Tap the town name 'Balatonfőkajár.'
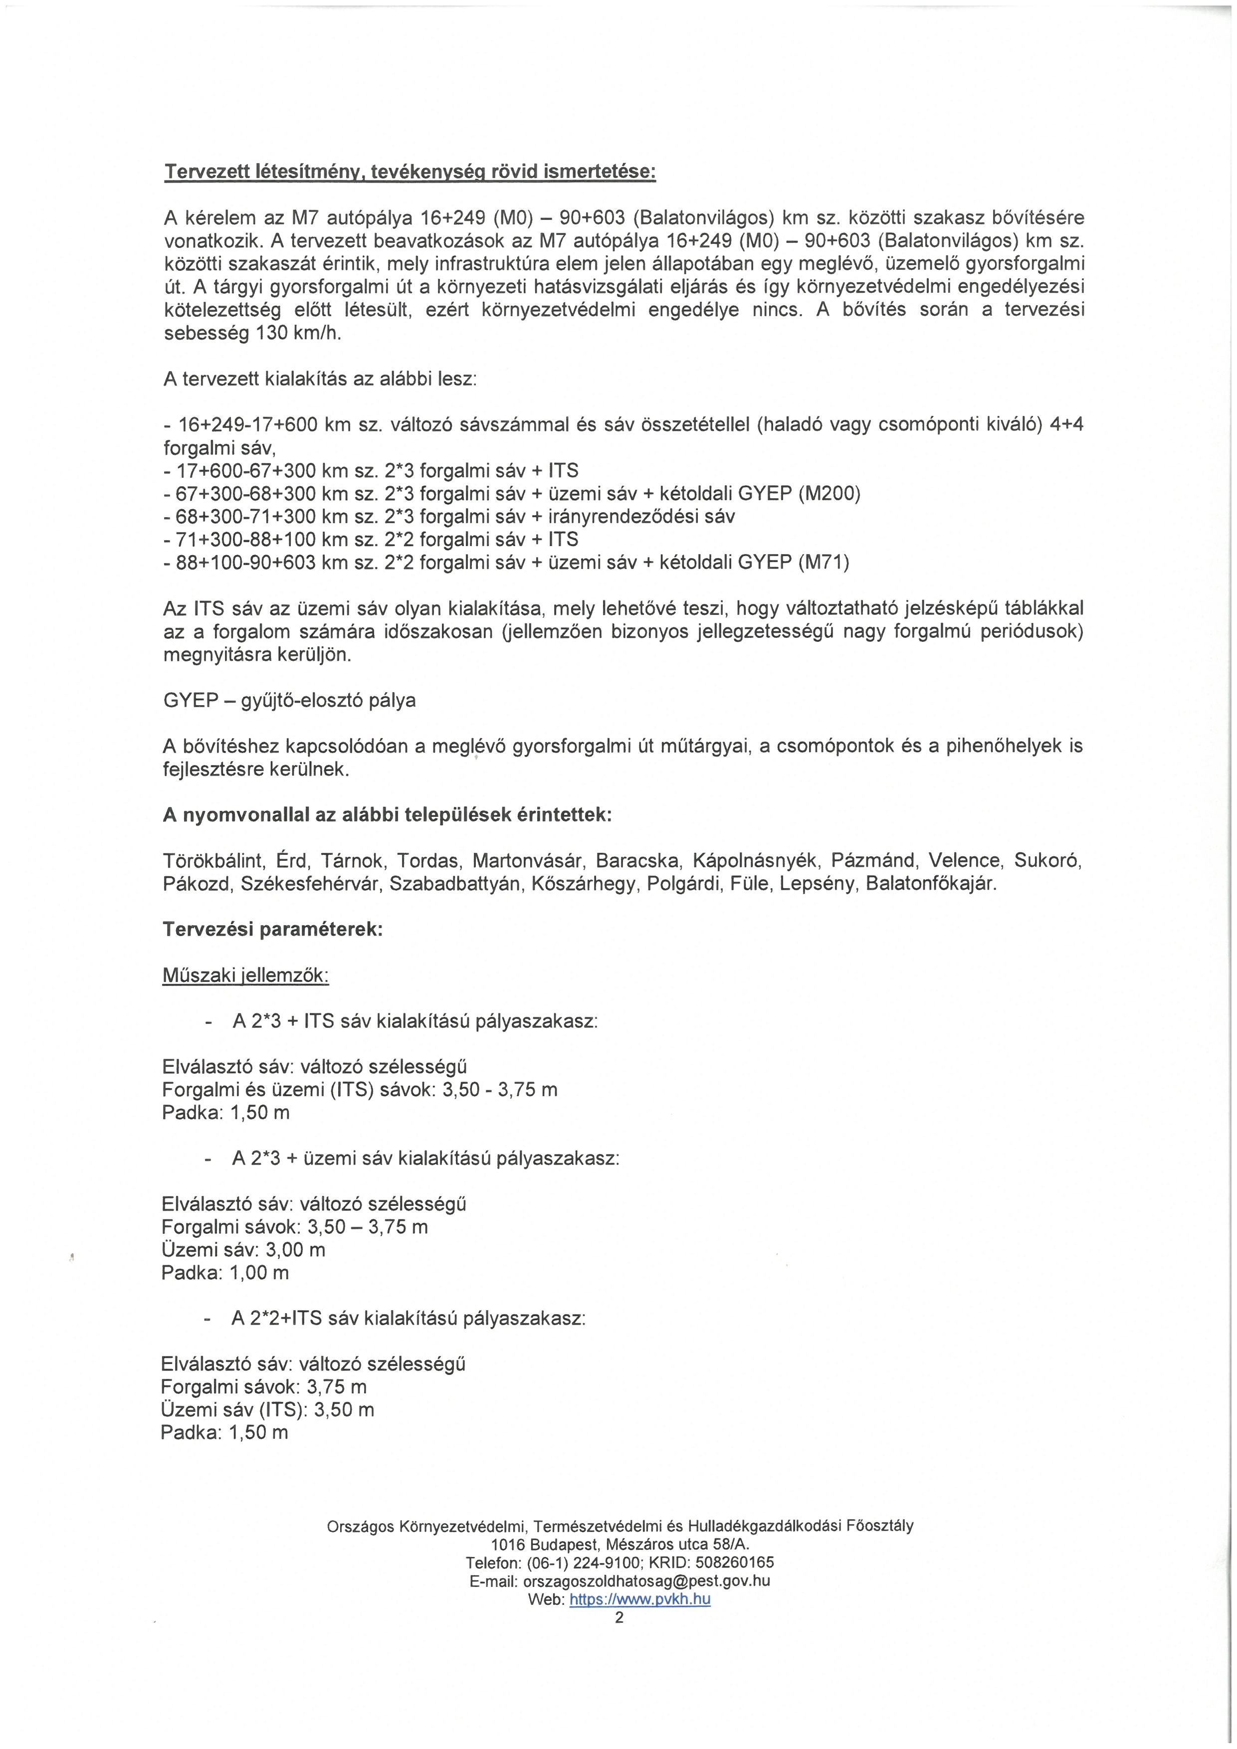tap(931, 884)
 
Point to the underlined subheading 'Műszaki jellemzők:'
tap(245, 976)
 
